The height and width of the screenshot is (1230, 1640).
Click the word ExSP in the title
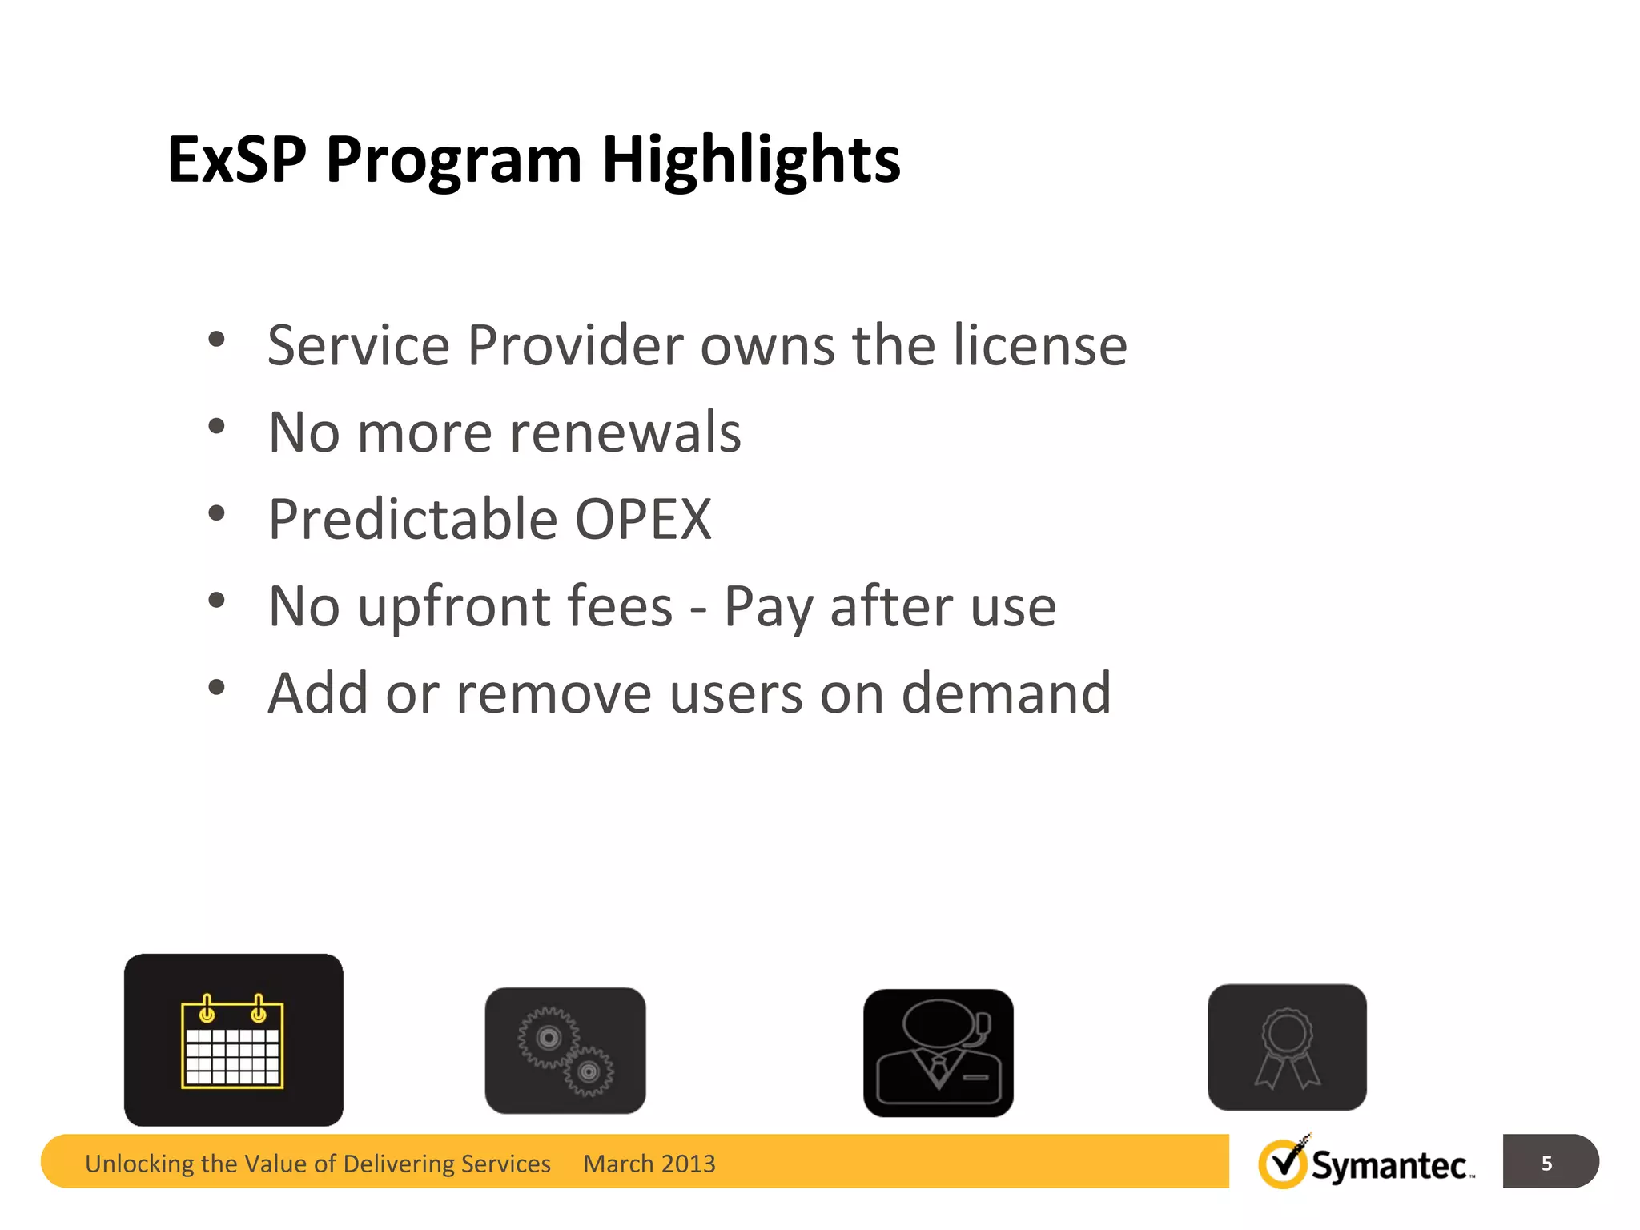237,159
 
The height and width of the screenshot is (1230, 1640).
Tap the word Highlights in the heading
750,159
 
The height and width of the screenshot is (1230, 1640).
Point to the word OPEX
643,520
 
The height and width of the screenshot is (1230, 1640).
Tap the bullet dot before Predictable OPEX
216,513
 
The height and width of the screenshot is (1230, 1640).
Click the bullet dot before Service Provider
216,340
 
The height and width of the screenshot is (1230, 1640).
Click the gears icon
565,1051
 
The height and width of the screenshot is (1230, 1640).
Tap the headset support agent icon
939,1053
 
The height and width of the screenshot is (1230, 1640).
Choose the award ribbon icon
1287,1047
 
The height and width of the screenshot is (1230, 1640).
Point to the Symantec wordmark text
1389,1166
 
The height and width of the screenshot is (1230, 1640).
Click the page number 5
1546,1163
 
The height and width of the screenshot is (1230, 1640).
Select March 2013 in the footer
649,1164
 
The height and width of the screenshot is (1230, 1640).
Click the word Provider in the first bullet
577,346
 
